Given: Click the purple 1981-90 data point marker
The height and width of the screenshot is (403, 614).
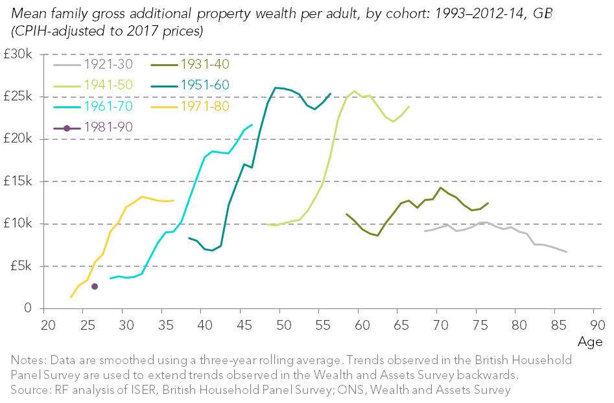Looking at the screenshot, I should (95, 286).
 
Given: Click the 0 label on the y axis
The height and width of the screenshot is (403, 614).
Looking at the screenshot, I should (28, 309).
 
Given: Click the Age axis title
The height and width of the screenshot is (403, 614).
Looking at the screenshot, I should (591, 341).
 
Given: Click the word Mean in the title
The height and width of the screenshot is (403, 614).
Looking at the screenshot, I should (25, 12).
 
